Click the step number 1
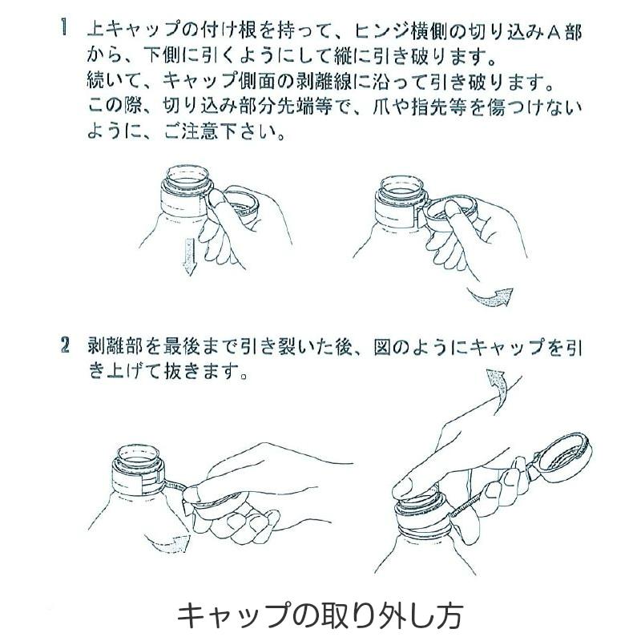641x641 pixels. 63,33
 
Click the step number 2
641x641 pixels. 63,347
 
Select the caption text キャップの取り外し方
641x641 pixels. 320,615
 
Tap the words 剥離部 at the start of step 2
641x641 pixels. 111,347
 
